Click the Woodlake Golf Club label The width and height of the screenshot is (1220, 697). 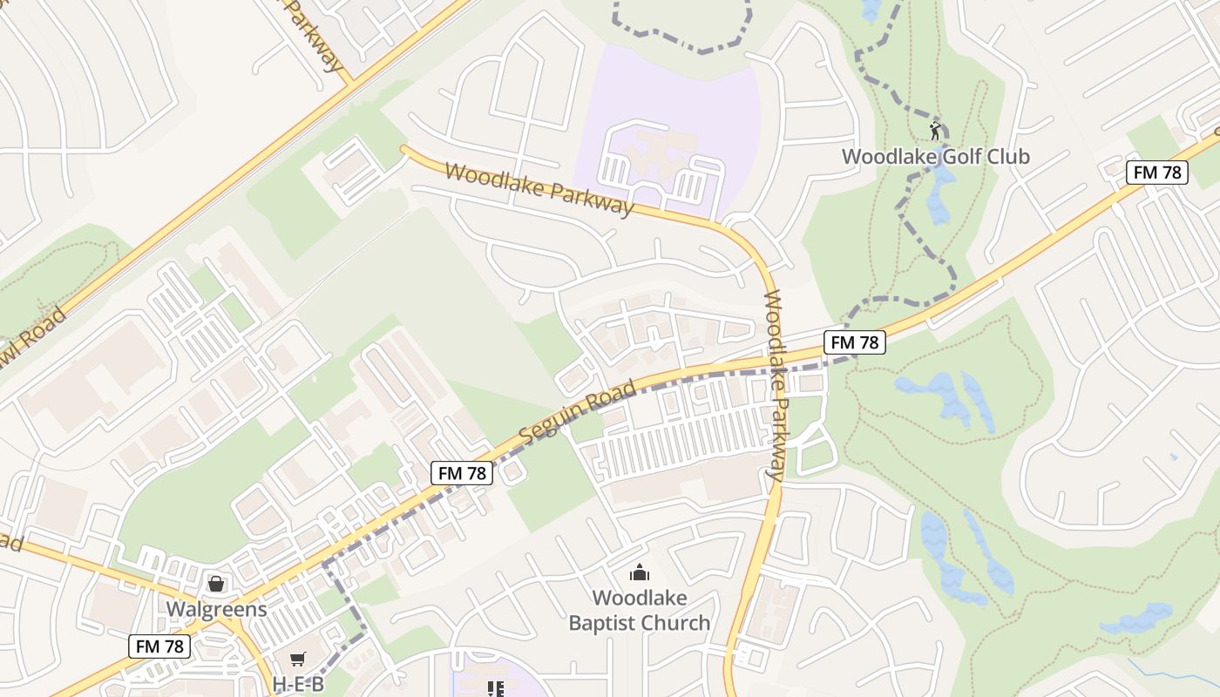click(935, 157)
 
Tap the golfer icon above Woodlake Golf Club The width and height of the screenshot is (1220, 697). click(935, 132)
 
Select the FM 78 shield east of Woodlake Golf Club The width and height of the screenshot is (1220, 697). click(1157, 173)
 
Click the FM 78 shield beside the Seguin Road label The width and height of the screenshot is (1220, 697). click(462, 473)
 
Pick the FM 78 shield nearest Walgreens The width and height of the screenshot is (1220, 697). click(160, 646)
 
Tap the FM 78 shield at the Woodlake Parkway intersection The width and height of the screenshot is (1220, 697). click(854, 342)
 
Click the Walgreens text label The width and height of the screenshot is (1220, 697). click(216, 608)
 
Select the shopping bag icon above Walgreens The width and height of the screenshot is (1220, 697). click(216, 583)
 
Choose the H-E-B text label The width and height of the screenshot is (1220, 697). click(298, 685)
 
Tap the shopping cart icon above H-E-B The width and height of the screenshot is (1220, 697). click(298, 660)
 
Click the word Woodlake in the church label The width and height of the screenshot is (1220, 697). click(640, 599)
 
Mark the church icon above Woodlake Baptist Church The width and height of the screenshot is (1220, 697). click(640, 572)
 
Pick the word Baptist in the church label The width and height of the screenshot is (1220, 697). click(600, 624)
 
